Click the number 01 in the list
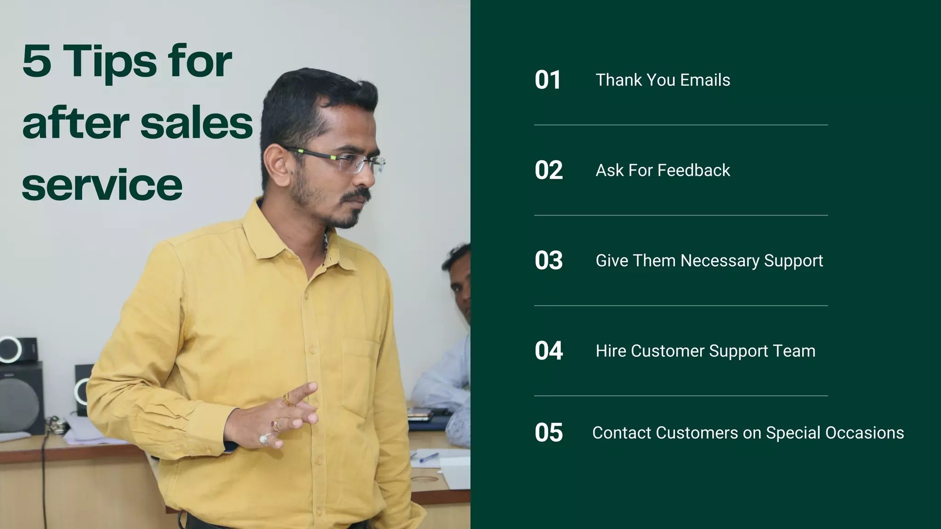[547, 80]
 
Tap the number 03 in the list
[548, 260]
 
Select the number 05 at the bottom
[548, 433]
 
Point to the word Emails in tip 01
[705, 80]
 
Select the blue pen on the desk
[428, 457]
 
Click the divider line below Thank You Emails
[680, 125]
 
